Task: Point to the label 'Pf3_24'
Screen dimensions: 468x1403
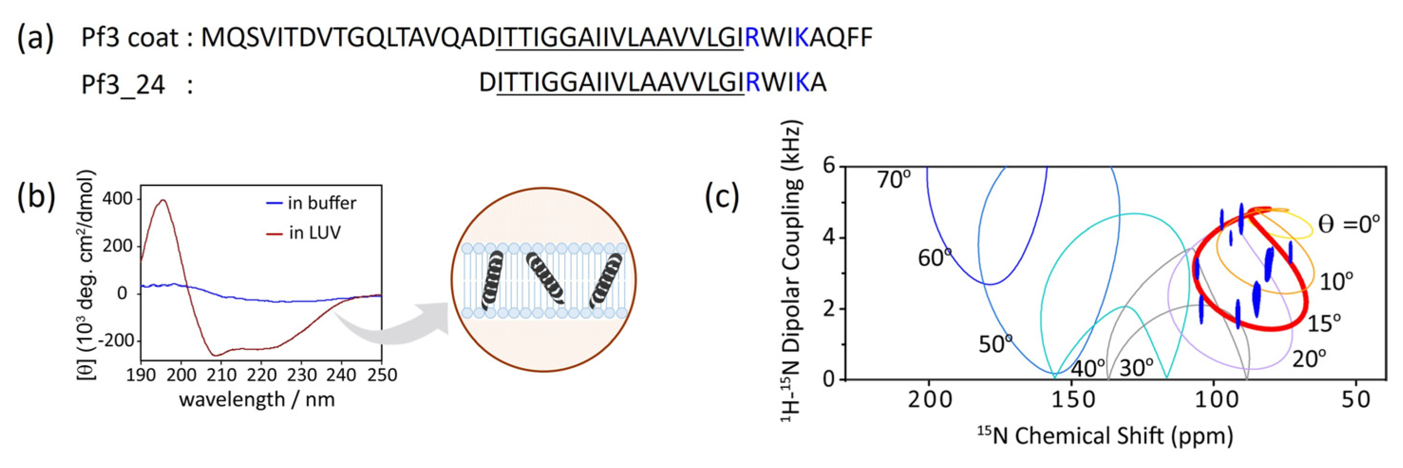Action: tap(122, 85)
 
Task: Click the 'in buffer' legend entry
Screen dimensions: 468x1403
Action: tap(321, 203)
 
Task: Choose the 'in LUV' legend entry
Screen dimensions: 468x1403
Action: tap(314, 233)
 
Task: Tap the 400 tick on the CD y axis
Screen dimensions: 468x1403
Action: tap(118, 199)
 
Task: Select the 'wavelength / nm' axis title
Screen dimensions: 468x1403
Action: tap(257, 399)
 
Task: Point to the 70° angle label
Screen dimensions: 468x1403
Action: tap(893, 180)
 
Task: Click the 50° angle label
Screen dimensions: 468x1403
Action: tap(995, 344)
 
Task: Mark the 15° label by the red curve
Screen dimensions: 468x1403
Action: tap(1323, 324)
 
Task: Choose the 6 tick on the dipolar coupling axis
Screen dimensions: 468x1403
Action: tap(829, 166)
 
